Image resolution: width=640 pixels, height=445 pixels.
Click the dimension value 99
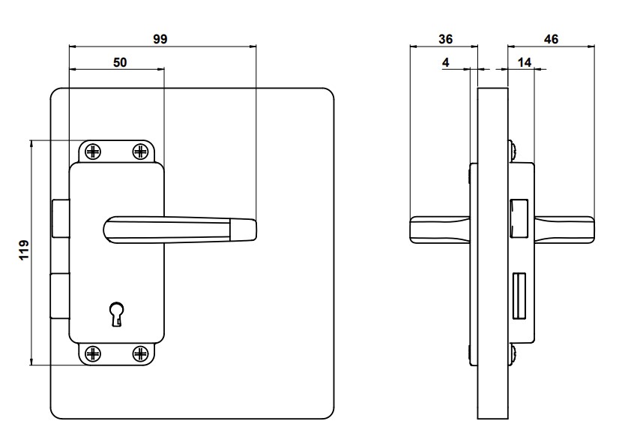[x=160, y=39]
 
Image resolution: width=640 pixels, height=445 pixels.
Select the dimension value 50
[x=120, y=63]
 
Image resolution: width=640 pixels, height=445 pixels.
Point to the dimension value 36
[x=445, y=39]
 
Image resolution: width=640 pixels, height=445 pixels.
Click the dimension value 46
[x=551, y=39]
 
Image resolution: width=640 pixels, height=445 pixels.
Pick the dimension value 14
[x=524, y=64]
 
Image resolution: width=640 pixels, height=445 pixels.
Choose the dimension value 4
[x=446, y=64]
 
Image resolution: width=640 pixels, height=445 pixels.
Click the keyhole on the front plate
[x=116, y=313]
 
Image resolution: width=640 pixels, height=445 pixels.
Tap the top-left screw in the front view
[x=93, y=152]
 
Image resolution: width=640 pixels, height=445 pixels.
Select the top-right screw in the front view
[x=141, y=152]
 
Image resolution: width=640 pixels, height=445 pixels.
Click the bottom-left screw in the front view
[x=93, y=353]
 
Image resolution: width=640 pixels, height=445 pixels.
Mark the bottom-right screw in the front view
[x=141, y=353]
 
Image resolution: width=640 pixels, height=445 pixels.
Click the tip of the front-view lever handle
[x=247, y=229]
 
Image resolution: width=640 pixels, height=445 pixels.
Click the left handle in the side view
[x=439, y=230]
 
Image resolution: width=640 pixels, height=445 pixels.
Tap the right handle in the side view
[x=565, y=230]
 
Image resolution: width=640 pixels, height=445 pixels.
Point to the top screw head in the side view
[x=512, y=149]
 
